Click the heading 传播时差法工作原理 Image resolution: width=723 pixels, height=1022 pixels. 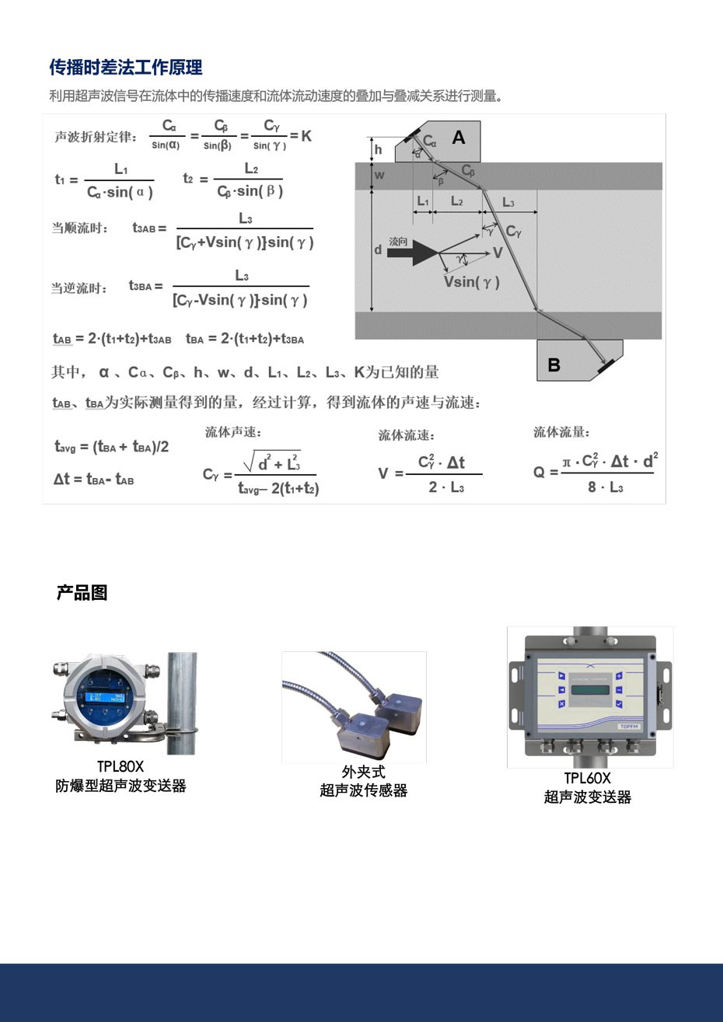[x=126, y=68]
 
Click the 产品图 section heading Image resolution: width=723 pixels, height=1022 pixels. [x=82, y=593]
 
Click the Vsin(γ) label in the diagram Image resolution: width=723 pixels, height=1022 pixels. [x=471, y=281]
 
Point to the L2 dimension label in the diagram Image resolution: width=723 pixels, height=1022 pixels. [x=457, y=201]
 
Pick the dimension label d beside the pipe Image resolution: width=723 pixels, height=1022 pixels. [x=378, y=249]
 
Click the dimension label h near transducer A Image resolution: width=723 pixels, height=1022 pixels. [x=379, y=149]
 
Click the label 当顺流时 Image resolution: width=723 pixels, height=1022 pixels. [x=80, y=228]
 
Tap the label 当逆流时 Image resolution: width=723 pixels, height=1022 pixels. [x=79, y=288]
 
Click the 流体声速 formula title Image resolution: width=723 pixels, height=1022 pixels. [x=232, y=432]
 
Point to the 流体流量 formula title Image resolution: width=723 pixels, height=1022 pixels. [x=561, y=432]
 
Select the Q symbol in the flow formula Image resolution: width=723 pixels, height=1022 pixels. [x=539, y=473]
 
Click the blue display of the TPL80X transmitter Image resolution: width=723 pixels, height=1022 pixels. [x=105, y=691]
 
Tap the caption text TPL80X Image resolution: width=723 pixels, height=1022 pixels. [x=120, y=767]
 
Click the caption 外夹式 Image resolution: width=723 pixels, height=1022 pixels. [x=363, y=772]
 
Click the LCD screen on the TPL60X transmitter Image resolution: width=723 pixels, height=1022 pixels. [x=589, y=690]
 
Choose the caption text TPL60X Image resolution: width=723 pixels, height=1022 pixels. [x=587, y=778]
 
